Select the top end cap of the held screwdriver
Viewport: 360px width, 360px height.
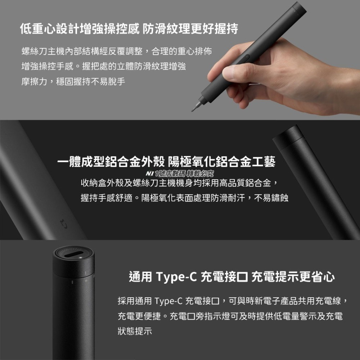(299, 7)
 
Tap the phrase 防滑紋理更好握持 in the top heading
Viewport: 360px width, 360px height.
(190, 29)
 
